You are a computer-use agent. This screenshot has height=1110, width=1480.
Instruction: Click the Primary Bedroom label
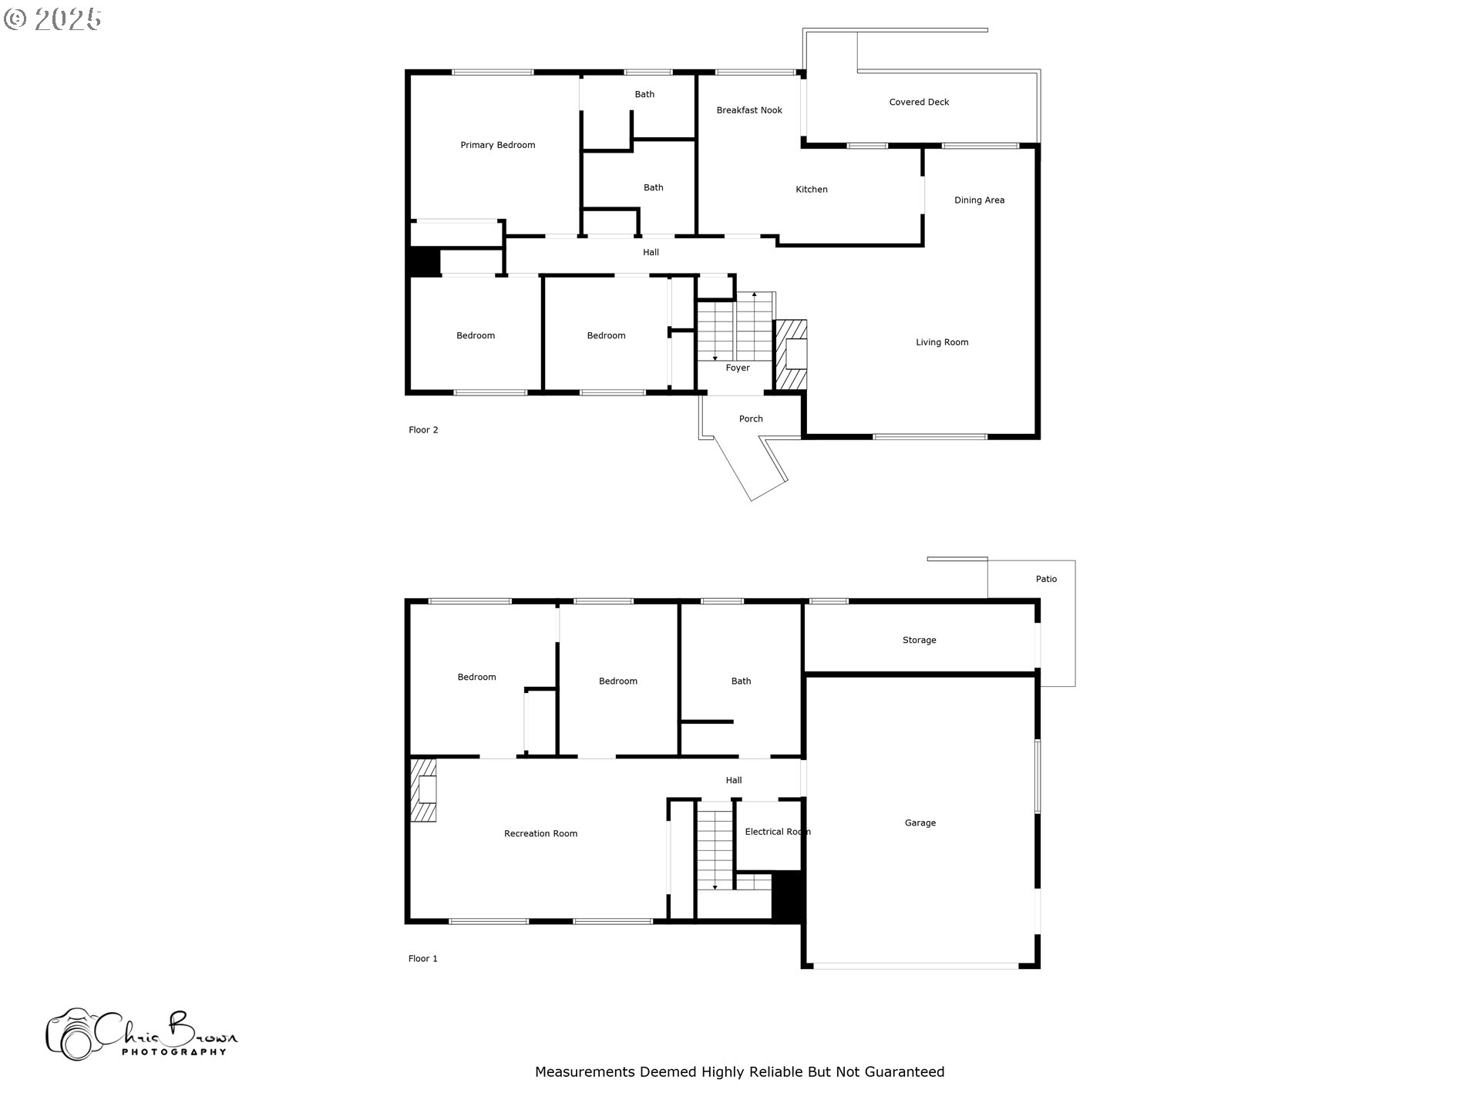click(497, 145)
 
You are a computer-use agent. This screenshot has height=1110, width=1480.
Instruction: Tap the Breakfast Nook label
click(748, 110)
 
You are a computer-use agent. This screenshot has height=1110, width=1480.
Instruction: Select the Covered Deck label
click(919, 102)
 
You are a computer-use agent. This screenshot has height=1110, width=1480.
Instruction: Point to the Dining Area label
click(979, 200)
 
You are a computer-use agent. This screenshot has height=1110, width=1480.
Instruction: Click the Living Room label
click(942, 342)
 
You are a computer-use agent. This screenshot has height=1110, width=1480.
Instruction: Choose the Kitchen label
click(811, 190)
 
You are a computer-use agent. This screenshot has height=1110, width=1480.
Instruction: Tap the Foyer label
click(737, 368)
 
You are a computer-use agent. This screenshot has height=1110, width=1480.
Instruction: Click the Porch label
click(750, 419)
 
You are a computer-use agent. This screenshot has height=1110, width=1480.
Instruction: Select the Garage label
click(920, 823)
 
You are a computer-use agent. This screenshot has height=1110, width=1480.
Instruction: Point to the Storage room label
click(919, 641)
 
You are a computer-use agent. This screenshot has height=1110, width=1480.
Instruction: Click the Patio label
click(1046, 579)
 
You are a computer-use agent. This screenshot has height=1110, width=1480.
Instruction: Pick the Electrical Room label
click(777, 832)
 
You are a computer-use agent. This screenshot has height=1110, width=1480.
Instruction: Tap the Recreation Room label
click(540, 834)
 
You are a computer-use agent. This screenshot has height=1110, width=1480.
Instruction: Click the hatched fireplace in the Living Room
click(791, 355)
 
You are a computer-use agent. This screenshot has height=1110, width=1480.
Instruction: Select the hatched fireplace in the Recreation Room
click(423, 791)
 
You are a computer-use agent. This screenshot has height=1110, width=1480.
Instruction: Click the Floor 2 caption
click(423, 430)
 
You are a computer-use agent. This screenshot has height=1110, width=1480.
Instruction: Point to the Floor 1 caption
click(422, 959)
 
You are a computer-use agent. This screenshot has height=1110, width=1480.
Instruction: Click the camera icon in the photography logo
click(71, 1035)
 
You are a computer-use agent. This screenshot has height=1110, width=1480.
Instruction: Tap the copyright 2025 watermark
click(52, 19)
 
